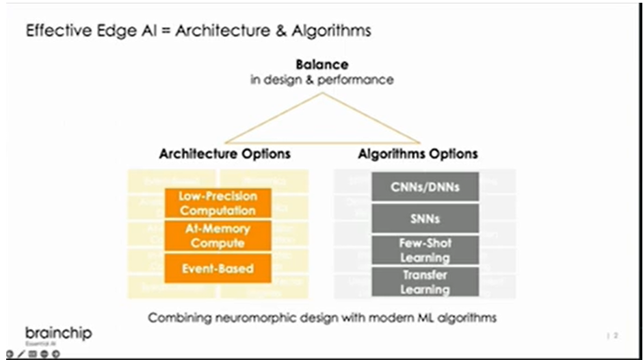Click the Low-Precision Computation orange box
tap(218, 203)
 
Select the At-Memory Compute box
tap(218, 235)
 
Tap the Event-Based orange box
tap(218, 268)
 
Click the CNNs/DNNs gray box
tap(425, 186)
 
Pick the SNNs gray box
tap(425, 219)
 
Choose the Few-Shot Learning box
tap(425, 250)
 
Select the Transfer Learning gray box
tap(425, 282)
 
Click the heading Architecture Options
tap(224, 153)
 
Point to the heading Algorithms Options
tap(418, 153)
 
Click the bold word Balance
tap(321, 64)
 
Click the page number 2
tap(616, 335)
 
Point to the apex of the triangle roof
tap(323, 94)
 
